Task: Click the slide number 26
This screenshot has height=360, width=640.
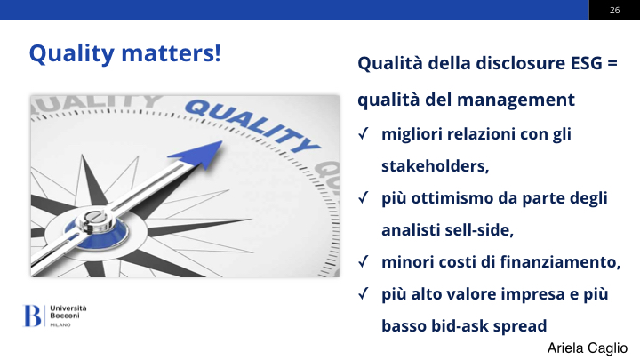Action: (615, 10)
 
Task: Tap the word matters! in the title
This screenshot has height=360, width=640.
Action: (171, 53)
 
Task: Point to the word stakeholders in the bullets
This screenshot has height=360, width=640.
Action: (435, 166)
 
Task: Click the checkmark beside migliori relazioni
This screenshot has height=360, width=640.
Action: (364, 134)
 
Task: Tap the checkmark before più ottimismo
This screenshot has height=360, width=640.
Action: (364, 198)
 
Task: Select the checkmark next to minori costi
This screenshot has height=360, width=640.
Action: (364, 261)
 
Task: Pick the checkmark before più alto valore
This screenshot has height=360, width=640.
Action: (364, 294)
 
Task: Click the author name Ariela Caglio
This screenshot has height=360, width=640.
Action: (588, 348)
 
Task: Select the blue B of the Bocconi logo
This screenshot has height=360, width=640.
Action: (32, 316)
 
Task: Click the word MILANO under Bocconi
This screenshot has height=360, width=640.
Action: (60, 325)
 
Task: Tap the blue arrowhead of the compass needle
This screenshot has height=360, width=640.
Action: (198, 154)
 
